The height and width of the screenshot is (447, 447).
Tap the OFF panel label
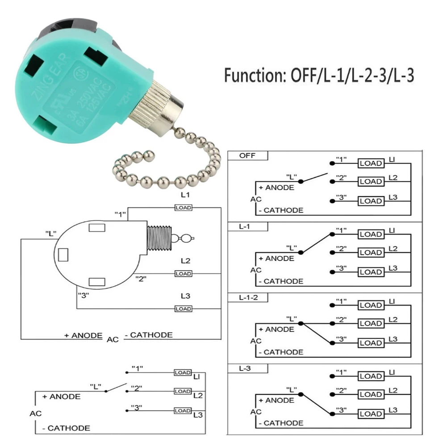(x=247, y=156)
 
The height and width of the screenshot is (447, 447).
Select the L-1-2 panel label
(x=248, y=298)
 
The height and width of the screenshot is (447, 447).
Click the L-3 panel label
(x=245, y=369)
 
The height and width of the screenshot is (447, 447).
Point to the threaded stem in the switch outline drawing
(x=159, y=238)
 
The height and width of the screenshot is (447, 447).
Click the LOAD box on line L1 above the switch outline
(x=183, y=208)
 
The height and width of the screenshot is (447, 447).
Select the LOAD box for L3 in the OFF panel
(x=371, y=201)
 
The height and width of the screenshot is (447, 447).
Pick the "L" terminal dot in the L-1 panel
(x=301, y=252)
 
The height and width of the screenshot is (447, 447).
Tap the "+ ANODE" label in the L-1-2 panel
(x=280, y=329)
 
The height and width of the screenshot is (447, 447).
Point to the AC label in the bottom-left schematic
(x=36, y=414)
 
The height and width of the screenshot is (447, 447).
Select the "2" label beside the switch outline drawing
(x=141, y=279)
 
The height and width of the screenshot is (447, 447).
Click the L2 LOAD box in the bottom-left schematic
(x=183, y=391)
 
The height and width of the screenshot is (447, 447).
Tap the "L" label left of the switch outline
(x=50, y=233)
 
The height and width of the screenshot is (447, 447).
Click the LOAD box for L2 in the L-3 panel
(x=371, y=394)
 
